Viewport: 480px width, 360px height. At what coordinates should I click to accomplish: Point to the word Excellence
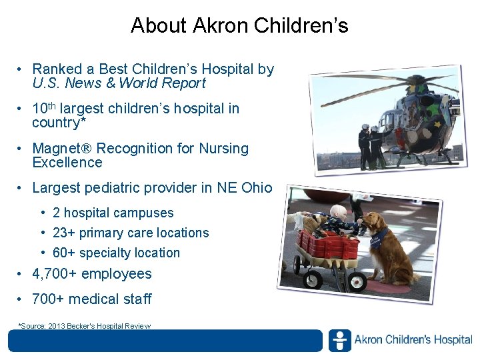[67, 163]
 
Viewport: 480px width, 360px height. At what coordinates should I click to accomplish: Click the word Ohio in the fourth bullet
[257, 188]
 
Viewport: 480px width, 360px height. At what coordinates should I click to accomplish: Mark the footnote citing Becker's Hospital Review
[85, 326]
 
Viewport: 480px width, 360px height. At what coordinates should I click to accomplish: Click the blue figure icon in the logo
[339, 341]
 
